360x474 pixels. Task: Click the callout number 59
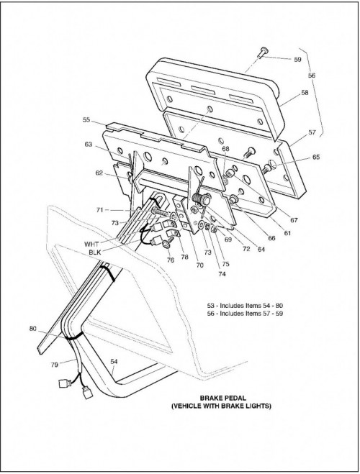point(297,59)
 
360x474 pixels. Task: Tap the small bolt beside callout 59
point(262,53)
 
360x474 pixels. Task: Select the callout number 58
point(305,93)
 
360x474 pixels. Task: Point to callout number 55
point(86,119)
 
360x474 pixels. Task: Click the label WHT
point(91,244)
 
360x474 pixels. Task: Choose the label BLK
point(95,252)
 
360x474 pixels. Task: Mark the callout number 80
point(33,328)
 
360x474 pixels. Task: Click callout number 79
point(54,365)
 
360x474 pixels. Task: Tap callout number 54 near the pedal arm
point(114,361)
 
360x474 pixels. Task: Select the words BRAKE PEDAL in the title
point(223,398)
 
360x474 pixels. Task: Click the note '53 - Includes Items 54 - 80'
point(245,306)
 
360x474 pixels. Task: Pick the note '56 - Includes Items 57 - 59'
point(245,314)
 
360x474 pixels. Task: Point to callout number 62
point(99,173)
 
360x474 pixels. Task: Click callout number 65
point(316,157)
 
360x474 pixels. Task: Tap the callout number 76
point(171,260)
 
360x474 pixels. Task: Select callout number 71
point(100,210)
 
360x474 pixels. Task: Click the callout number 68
point(225,149)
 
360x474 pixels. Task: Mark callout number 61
point(287,233)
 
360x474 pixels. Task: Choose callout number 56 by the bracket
point(312,76)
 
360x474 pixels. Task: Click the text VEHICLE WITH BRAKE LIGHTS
point(222,406)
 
